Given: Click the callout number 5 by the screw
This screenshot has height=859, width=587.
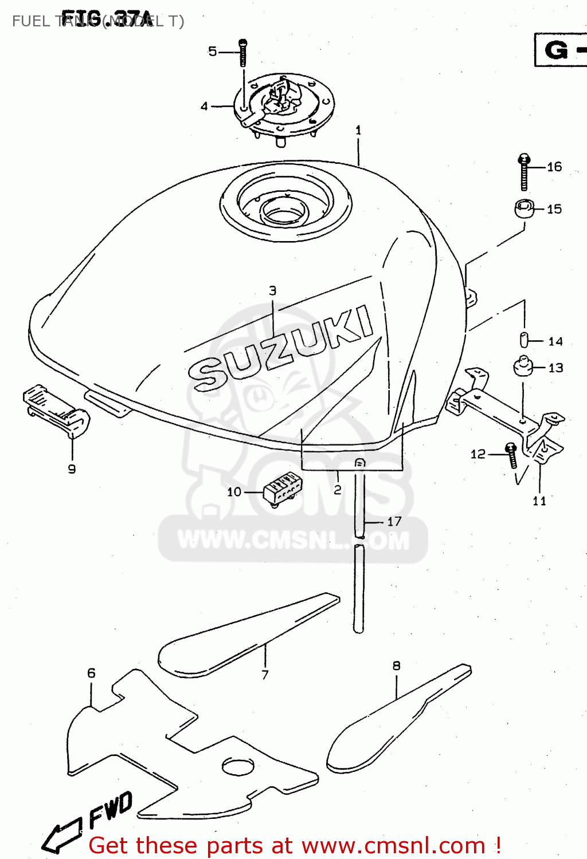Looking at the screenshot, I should (212, 52).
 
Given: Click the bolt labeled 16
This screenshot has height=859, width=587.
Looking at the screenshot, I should (524, 172).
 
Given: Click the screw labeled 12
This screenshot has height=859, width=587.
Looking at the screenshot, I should (511, 455).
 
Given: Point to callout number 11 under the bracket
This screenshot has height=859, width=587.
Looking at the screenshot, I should (539, 501).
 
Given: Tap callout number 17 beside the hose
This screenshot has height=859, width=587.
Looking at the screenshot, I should (394, 521).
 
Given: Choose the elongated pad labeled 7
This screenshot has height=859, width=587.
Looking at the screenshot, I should (246, 636).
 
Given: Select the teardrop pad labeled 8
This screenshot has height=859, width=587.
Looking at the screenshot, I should (396, 722).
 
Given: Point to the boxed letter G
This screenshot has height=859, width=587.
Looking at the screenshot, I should (556, 50).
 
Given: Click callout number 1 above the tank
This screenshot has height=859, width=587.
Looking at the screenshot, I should (358, 131).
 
